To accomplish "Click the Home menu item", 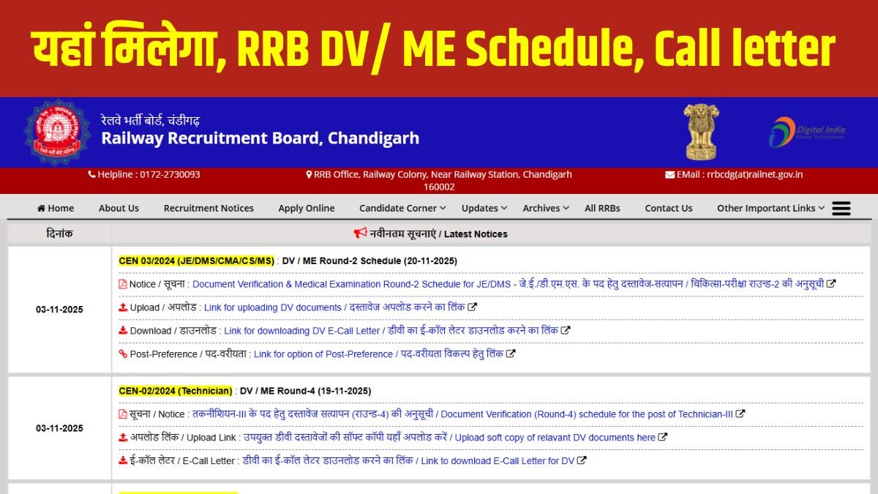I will [56, 209].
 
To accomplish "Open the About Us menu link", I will [119, 209].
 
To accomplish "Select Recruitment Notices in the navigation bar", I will [209, 209].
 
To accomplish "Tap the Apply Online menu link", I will [306, 209].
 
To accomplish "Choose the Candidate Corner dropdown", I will [402, 209].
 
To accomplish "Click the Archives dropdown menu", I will [545, 209].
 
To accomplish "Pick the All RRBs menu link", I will [602, 209].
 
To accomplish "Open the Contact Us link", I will [668, 209].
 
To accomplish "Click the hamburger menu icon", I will [841, 209].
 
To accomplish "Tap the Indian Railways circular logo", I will [56, 132].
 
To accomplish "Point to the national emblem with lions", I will [701, 131].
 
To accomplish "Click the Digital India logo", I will [806, 132].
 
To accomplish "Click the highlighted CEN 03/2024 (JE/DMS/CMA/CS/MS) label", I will [196, 261].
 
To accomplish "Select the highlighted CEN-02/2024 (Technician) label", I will [176, 391].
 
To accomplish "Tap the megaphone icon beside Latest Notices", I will [360, 233].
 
